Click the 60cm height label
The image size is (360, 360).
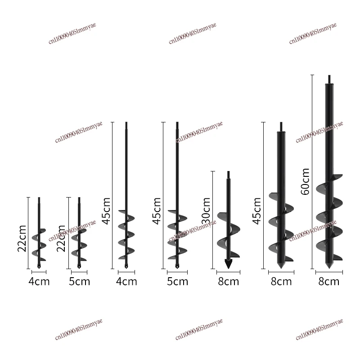(x=306, y=181)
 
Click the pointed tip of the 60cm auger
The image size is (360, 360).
(x=329, y=268)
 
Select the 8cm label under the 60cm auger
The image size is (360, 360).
(x=329, y=282)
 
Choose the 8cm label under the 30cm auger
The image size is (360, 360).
(x=228, y=282)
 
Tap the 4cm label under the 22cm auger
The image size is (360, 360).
(x=39, y=282)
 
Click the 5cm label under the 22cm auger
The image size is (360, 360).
(x=79, y=282)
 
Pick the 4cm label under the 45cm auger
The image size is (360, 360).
(x=126, y=282)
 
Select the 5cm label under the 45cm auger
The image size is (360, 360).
(x=177, y=282)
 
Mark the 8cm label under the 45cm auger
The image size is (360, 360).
(x=281, y=282)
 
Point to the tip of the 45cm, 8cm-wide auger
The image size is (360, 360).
(x=281, y=266)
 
